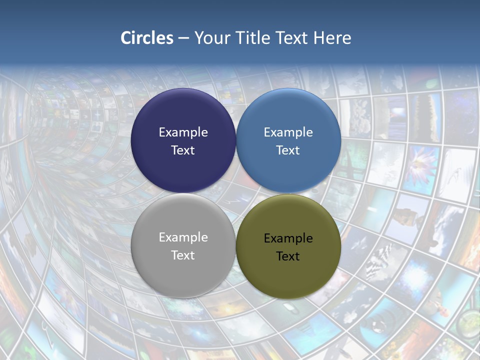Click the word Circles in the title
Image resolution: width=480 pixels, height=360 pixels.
coord(147,38)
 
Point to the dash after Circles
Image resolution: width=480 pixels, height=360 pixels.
coord(183,38)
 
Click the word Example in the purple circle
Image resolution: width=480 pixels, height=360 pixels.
coord(183,132)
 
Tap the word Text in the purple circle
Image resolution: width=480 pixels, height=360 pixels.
coord(183,150)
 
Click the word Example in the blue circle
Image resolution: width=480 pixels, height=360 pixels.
coord(288,132)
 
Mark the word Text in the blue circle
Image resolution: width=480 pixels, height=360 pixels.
coord(288,150)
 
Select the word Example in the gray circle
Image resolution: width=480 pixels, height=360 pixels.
coord(183,237)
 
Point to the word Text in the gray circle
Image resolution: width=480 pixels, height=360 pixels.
coord(183,255)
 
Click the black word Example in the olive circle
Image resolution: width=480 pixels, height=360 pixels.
coord(288,238)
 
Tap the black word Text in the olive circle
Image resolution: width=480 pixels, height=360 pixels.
coord(288,256)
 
